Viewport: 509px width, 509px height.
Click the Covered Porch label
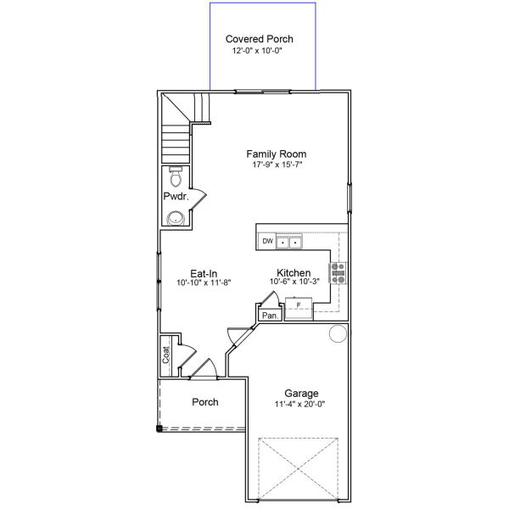pyautogui.click(x=264, y=39)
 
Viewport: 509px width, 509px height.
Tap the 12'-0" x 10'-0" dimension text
pyautogui.click(x=264, y=51)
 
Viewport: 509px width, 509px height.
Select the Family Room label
pyautogui.click(x=277, y=154)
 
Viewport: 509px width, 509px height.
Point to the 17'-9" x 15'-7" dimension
pyautogui.click(x=277, y=165)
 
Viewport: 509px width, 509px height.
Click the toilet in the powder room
pyautogui.click(x=176, y=178)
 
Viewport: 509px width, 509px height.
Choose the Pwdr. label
pyautogui.click(x=176, y=197)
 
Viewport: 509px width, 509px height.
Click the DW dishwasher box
pyautogui.click(x=267, y=242)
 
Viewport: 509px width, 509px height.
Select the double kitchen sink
pyautogui.click(x=289, y=243)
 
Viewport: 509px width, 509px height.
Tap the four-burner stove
pyautogui.click(x=338, y=272)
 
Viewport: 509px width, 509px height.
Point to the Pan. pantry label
pyautogui.click(x=270, y=316)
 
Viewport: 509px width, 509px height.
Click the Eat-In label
pyautogui.click(x=204, y=272)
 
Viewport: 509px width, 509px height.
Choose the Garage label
pyautogui.click(x=301, y=394)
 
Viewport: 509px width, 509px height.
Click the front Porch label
pyautogui.click(x=204, y=402)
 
